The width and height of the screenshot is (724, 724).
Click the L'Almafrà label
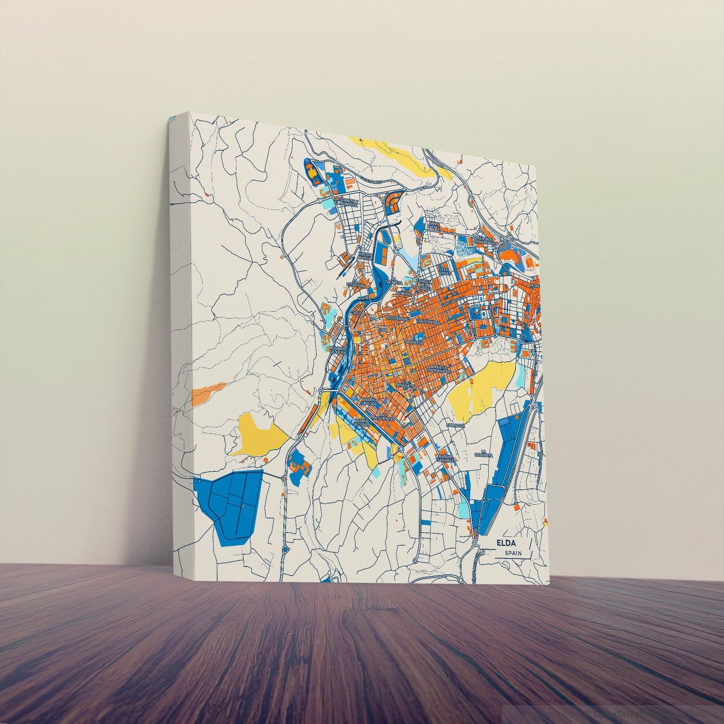tap(456, 425)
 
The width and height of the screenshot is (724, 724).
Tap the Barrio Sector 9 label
tap(362, 423)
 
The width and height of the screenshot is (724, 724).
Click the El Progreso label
tap(416, 340)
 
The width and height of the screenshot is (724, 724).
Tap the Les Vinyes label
tap(445, 271)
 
